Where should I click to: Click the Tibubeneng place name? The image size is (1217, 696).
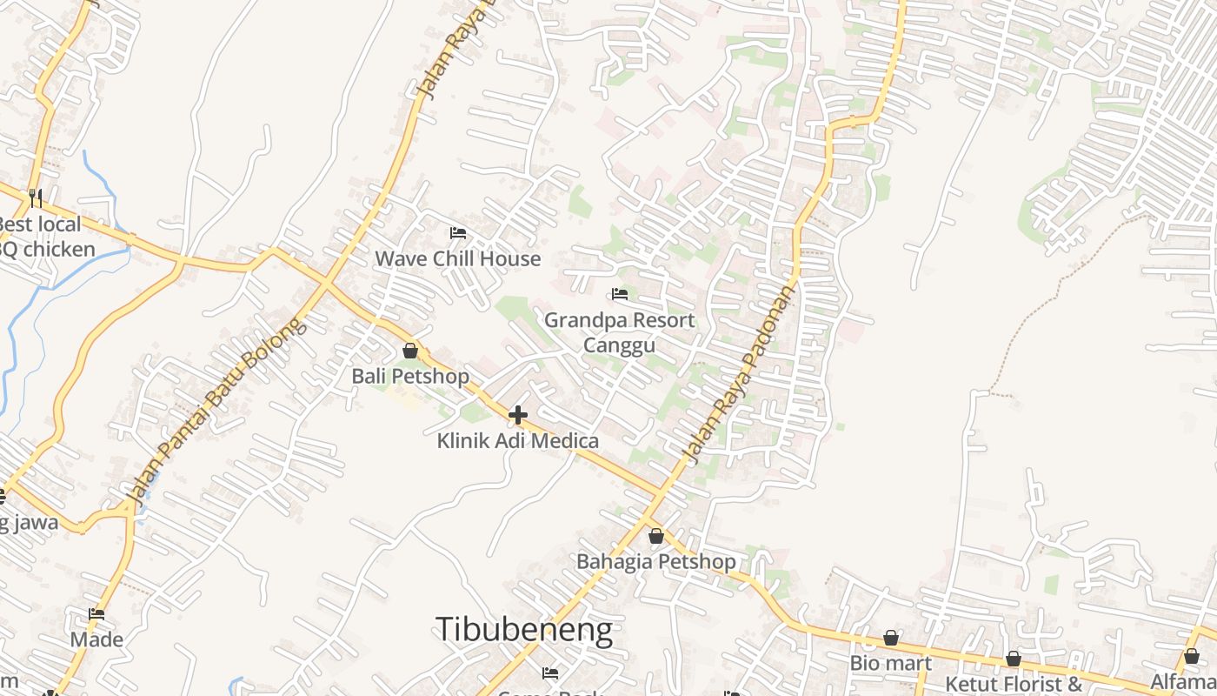523,630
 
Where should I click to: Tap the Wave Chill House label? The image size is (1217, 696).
457,258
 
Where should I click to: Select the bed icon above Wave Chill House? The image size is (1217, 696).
458,232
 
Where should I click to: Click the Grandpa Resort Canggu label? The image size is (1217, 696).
619,332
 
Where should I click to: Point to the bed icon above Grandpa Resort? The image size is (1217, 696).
620,294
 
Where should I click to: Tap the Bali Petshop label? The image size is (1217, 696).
410,376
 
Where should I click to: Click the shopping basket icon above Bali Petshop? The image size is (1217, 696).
410,351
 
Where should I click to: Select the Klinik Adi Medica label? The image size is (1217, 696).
517,441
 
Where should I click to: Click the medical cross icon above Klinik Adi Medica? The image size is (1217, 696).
518,415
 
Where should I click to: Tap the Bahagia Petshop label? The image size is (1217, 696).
656,561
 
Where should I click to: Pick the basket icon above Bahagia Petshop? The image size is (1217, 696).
656,536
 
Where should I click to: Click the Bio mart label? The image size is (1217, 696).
890,663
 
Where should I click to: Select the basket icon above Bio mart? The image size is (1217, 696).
891,639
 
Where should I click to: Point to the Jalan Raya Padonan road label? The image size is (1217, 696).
738,374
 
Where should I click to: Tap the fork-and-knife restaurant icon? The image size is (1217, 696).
36,198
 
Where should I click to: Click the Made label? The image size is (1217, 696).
96,639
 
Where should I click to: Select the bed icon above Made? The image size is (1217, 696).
96,614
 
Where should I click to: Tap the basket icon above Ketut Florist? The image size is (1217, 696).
1014,659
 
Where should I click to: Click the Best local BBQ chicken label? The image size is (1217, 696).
43,237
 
